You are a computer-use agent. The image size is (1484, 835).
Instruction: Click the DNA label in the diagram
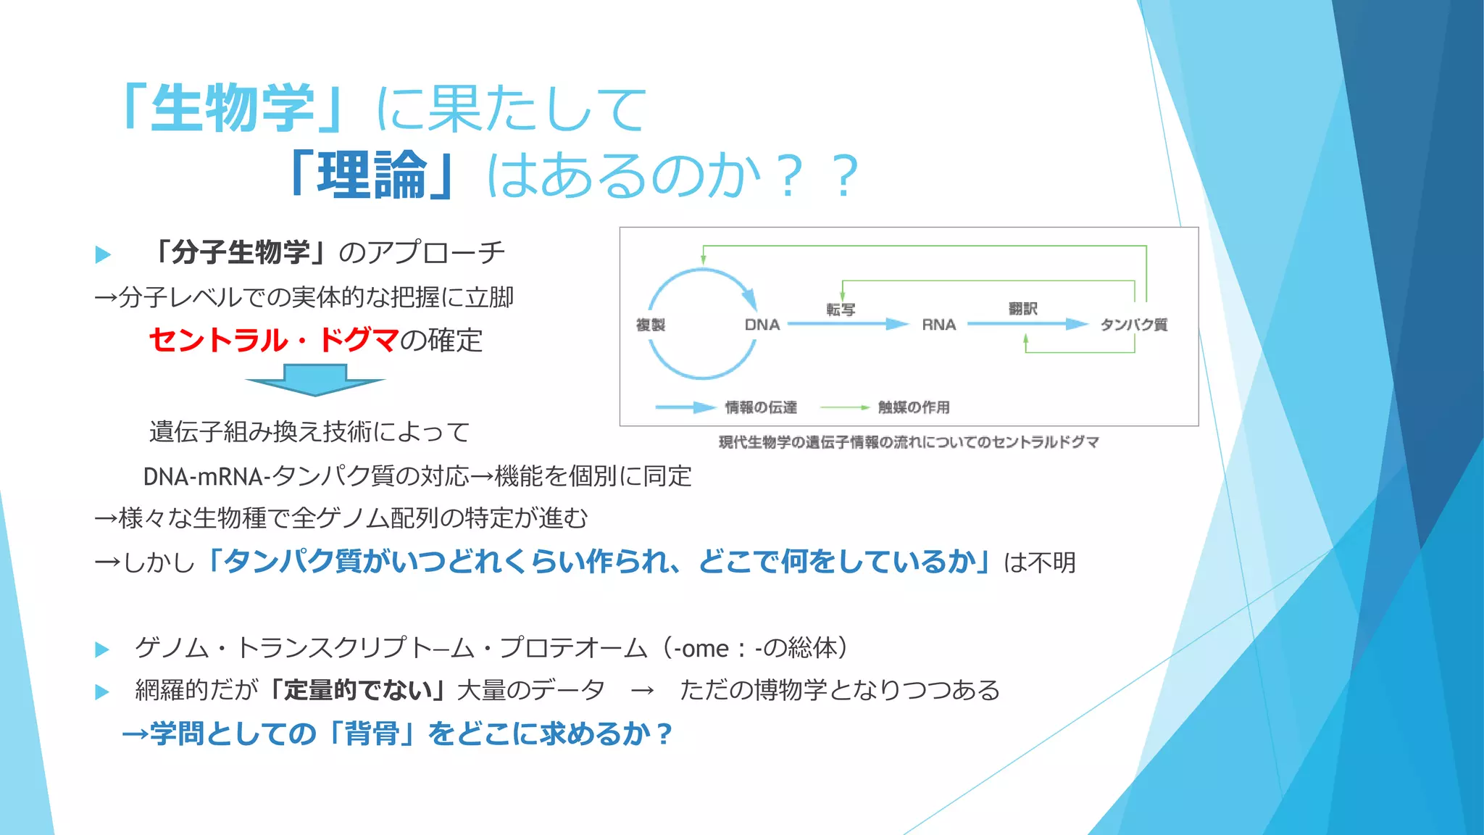point(762,325)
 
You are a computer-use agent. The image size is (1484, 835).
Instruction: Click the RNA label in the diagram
point(938,325)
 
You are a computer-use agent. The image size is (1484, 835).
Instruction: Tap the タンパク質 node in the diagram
point(1134,325)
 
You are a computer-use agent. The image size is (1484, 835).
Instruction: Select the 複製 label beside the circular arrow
point(650,325)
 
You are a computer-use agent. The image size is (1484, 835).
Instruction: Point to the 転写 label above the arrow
point(841,310)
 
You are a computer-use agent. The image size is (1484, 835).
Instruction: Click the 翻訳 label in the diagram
point(1022,309)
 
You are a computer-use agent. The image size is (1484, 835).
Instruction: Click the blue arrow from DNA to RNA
point(848,324)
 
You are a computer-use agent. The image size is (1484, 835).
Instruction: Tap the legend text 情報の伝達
point(761,407)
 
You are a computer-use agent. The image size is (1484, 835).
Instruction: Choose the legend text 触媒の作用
point(914,407)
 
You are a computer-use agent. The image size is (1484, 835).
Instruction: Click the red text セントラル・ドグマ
point(274,340)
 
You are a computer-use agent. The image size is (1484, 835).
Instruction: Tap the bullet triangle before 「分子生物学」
point(103,254)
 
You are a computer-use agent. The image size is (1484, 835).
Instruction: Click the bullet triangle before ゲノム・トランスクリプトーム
point(102,649)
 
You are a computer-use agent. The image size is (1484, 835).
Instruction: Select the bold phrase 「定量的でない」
point(357,690)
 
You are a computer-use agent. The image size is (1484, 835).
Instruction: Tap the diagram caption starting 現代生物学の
point(909,442)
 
